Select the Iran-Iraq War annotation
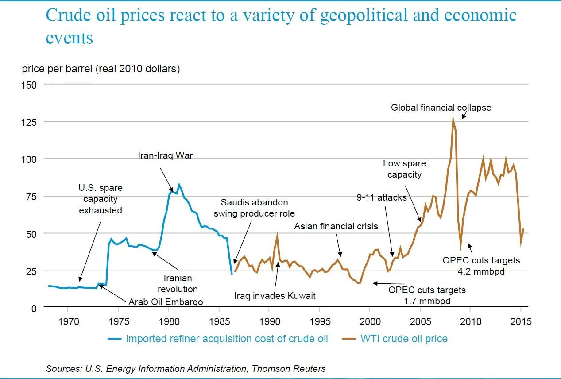[x=166, y=155]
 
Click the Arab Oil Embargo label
[x=166, y=302]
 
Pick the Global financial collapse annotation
[x=441, y=108]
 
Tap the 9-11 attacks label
[x=382, y=197]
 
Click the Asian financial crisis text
[x=337, y=226]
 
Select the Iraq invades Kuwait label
[x=275, y=295]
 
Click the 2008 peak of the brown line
[x=453, y=118]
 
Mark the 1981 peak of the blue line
[x=179, y=184]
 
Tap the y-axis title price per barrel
[x=101, y=69]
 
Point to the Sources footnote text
[x=186, y=368]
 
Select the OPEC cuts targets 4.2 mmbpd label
[x=481, y=266]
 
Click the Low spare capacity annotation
[x=404, y=169]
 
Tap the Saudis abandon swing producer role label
[x=254, y=208]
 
